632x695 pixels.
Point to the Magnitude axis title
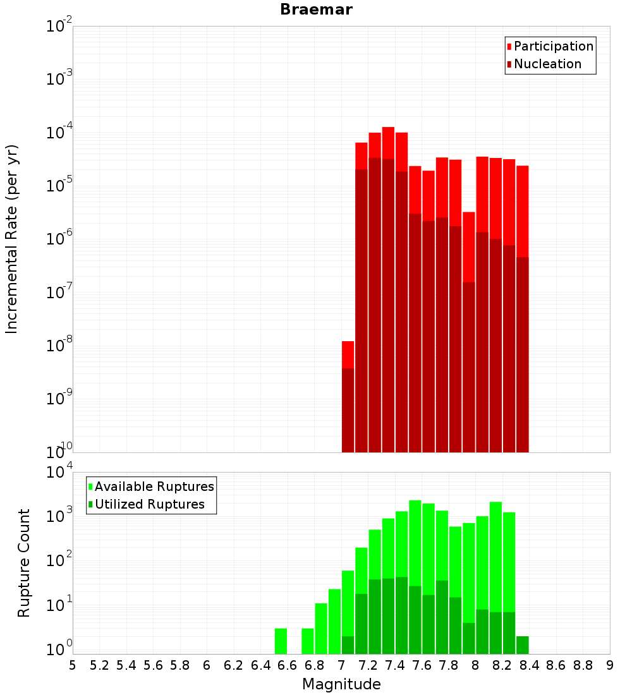341,684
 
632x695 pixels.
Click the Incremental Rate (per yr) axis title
11,239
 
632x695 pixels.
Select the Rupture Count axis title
24,562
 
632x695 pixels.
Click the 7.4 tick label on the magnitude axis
395,665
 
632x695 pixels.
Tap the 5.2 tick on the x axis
99,665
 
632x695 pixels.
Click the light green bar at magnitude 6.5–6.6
281,641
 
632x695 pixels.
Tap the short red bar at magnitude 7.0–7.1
348,354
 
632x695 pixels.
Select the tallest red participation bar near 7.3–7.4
388,142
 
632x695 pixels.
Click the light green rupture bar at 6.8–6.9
321,628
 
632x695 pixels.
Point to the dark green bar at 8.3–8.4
522,644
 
